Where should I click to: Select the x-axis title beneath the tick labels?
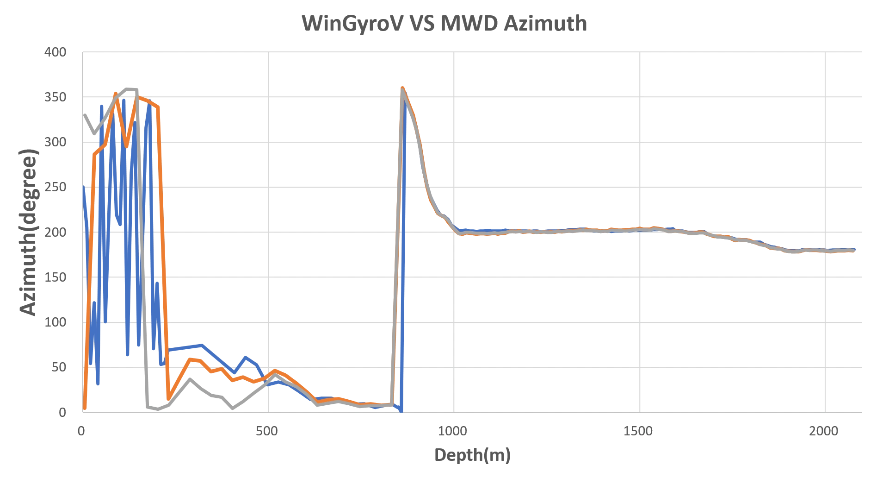[472, 456]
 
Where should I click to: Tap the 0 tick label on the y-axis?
[63, 413]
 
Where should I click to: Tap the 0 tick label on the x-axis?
[82, 433]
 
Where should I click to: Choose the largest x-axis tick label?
[826, 433]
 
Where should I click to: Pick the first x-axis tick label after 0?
[268, 433]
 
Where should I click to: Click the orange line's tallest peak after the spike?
[402, 87]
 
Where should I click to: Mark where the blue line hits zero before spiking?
[401, 411]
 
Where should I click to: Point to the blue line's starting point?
[83, 186]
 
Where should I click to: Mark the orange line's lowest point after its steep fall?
[168, 400]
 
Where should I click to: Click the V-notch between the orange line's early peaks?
[126, 146]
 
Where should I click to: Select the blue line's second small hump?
[246, 358]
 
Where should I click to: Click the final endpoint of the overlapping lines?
[854, 250]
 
